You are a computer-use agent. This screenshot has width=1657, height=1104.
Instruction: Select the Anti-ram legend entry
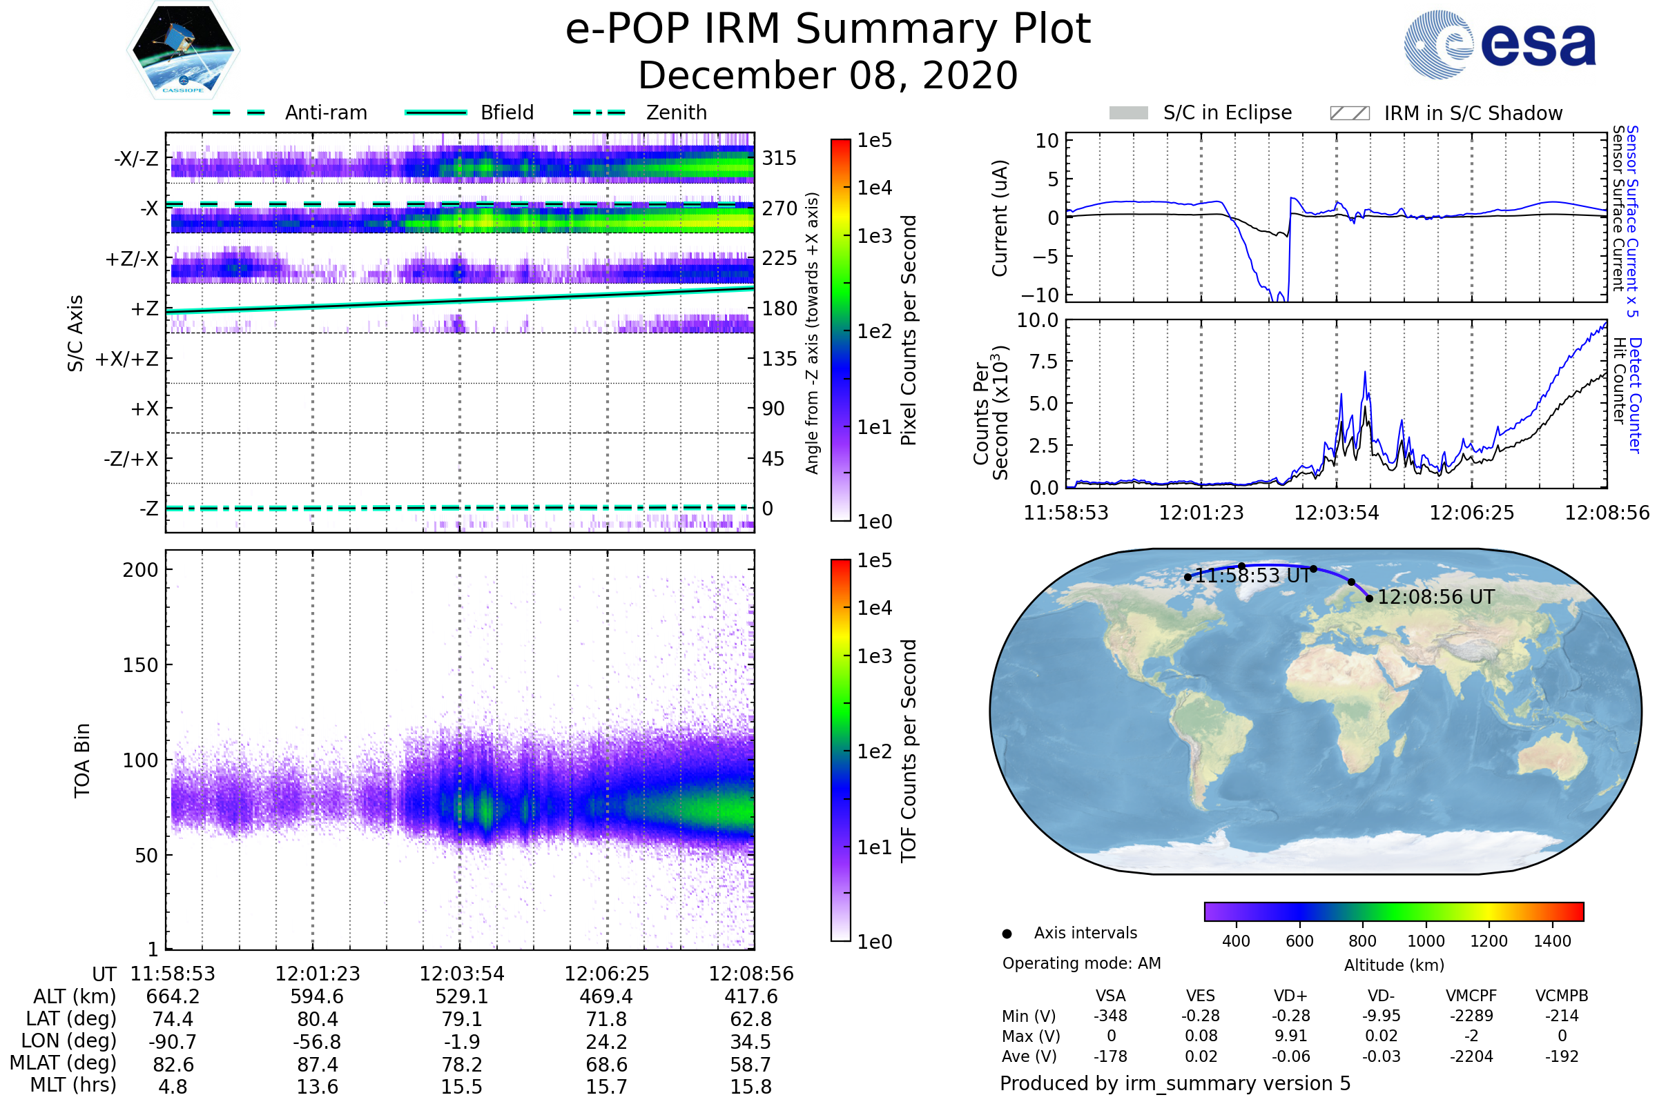click(325, 112)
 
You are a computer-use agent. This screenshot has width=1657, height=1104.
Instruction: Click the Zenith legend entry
click(676, 112)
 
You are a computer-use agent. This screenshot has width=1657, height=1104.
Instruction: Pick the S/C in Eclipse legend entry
click(1227, 112)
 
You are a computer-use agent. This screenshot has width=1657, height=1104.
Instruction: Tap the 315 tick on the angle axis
click(779, 159)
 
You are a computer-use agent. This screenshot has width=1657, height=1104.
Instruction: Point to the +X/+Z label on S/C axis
click(127, 359)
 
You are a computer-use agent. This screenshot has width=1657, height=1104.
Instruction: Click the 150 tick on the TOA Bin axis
click(140, 665)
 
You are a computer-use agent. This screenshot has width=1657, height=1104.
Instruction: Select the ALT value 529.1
click(461, 996)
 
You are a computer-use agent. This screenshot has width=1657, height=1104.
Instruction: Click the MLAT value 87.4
click(317, 1065)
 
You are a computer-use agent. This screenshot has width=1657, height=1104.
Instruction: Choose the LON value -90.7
click(173, 1041)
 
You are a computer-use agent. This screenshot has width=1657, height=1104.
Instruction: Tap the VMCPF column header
click(1471, 996)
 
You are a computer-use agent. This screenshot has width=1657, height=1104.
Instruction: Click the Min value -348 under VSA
click(1110, 1016)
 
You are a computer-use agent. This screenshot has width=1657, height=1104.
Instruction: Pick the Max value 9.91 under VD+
click(1290, 1036)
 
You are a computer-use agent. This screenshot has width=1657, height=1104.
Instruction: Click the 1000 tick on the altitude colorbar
click(1426, 941)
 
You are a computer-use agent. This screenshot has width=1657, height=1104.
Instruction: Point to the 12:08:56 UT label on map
click(1436, 597)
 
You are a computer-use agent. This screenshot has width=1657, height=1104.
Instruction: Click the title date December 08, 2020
click(828, 75)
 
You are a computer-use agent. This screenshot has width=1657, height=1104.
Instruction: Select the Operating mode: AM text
click(1081, 963)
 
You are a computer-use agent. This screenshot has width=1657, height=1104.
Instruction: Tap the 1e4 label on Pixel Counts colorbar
click(875, 188)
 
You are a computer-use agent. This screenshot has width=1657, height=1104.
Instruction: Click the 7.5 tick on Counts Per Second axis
click(1045, 362)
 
